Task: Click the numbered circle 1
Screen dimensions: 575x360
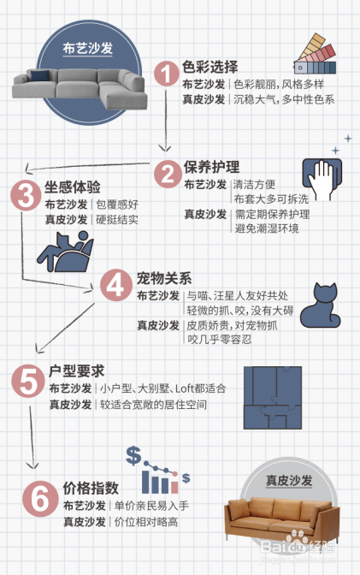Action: click(x=167, y=75)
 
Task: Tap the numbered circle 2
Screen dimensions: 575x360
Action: click(x=167, y=174)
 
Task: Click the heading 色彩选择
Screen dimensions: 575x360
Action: click(x=210, y=67)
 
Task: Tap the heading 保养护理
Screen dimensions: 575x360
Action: click(x=211, y=166)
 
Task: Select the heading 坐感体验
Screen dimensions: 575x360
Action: click(x=73, y=187)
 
